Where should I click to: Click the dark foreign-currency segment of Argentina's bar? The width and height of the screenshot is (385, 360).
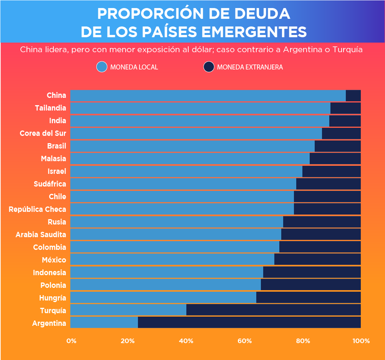[x=249, y=322]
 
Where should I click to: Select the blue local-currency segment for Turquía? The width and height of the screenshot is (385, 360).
[x=128, y=310]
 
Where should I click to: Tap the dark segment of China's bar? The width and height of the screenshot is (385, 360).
[x=353, y=96]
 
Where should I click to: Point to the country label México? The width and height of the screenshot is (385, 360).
[x=54, y=260]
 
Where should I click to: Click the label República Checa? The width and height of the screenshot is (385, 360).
[x=37, y=209]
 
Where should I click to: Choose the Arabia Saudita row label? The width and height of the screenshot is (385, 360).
[x=41, y=234]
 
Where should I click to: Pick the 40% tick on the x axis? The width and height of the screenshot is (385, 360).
[x=186, y=341]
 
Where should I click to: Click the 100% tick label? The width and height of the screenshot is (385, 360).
[x=361, y=341]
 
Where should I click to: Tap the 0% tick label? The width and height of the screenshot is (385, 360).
[x=71, y=341]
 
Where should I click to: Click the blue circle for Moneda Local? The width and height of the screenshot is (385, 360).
[x=102, y=67]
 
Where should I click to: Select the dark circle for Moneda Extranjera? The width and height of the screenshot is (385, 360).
[x=209, y=67]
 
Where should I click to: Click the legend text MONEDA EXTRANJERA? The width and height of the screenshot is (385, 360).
[x=250, y=67]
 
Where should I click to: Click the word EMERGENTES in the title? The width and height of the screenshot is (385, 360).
[x=254, y=32]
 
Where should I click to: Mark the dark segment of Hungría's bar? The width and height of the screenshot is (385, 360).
[x=308, y=297]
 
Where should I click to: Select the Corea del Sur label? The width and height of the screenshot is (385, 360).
[x=43, y=133]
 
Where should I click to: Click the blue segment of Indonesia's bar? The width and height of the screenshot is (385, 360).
[x=167, y=272]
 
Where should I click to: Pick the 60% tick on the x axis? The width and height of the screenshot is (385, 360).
[x=244, y=341]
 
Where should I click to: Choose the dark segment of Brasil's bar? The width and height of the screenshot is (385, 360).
[x=337, y=146]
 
